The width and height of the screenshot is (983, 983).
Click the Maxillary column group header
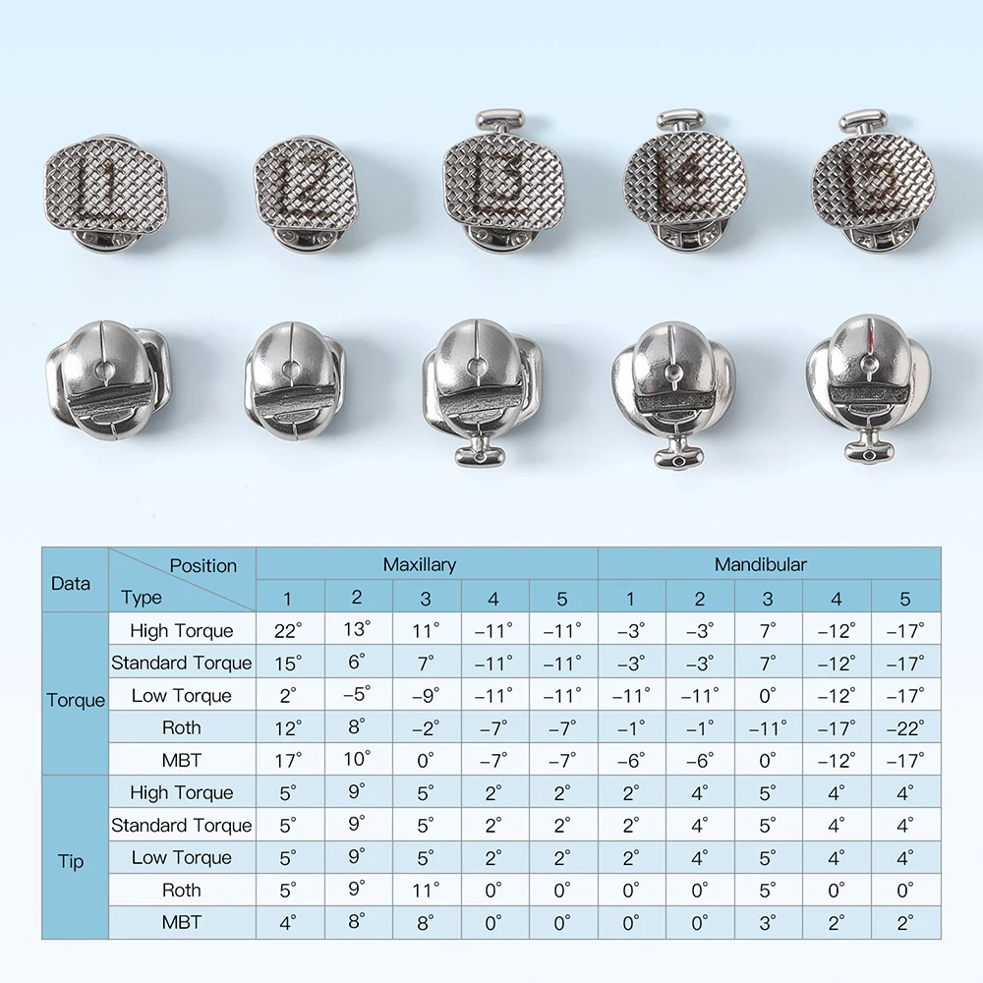pyautogui.click(x=420, y=564)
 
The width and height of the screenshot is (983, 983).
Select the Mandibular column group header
pyautogui.click(x=761, y=564)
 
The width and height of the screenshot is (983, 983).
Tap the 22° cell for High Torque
pyautogui.click(x=288, y=630)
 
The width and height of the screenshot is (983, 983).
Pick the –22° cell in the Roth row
pyautogui.click(x=905, y=727)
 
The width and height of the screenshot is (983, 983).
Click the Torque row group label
pyautogui.click(x=76, y=700)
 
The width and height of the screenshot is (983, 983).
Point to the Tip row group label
pyautogui.click(x=71, y=861)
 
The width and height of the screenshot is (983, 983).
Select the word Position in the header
pyautogui.click(x=203, y=565)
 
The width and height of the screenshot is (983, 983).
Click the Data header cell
pyautogui.click(x=70, y=583)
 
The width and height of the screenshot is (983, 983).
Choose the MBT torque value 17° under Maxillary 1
pyautogui.click(x=288, y=761)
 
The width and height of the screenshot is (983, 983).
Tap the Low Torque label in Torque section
pyautogui.click(x=181, y=695)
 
